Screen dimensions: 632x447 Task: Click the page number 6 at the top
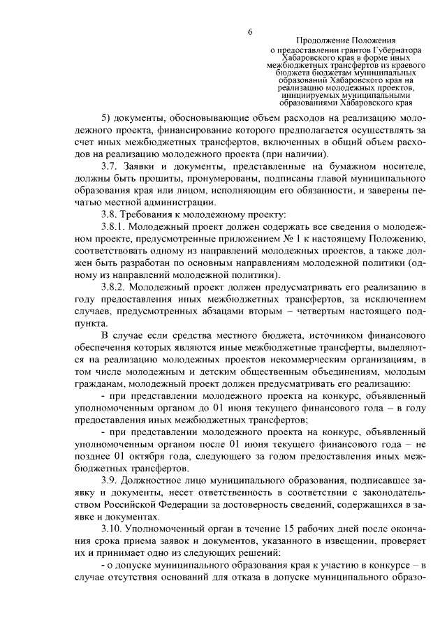point(249,31)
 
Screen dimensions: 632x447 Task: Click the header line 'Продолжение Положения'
point(346,41)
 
